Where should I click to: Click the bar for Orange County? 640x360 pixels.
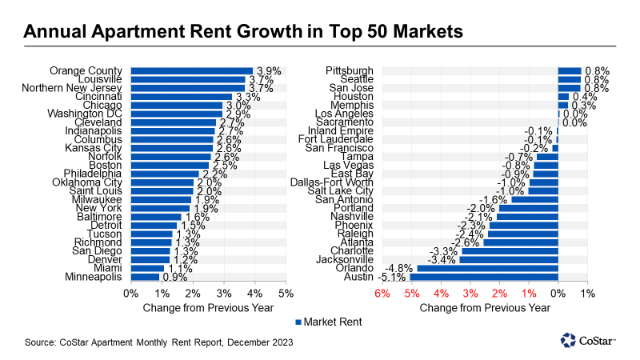click(191, 71)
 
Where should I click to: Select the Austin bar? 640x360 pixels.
click(484, 278)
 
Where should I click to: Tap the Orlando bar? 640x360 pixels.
click(488, 269)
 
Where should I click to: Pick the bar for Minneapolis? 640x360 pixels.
click(145, 278)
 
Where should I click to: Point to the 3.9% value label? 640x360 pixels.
click(268, 71)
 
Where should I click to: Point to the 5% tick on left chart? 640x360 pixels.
click(286, 293)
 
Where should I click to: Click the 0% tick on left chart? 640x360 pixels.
click(130, 293)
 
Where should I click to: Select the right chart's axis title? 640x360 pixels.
click(484, 307)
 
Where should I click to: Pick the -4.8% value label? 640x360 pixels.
click(400, 269)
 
